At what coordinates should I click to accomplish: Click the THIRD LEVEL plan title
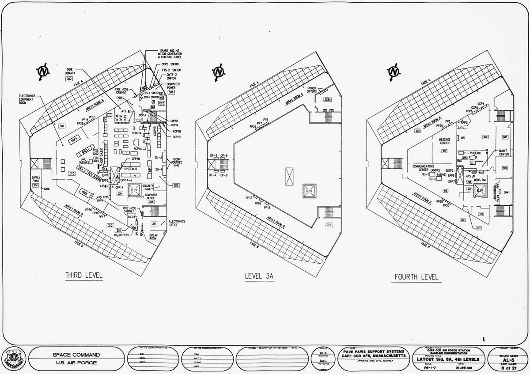83,276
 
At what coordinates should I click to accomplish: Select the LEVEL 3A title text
260,276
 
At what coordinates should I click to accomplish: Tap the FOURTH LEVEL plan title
416,277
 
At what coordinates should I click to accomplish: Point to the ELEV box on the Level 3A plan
308,190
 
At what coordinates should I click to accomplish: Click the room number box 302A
327,100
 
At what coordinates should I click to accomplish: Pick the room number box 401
417,131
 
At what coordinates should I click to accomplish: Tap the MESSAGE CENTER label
444,141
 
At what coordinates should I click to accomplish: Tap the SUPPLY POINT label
36,179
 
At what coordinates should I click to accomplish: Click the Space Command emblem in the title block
12,358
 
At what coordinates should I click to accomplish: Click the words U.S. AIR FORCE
76,363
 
